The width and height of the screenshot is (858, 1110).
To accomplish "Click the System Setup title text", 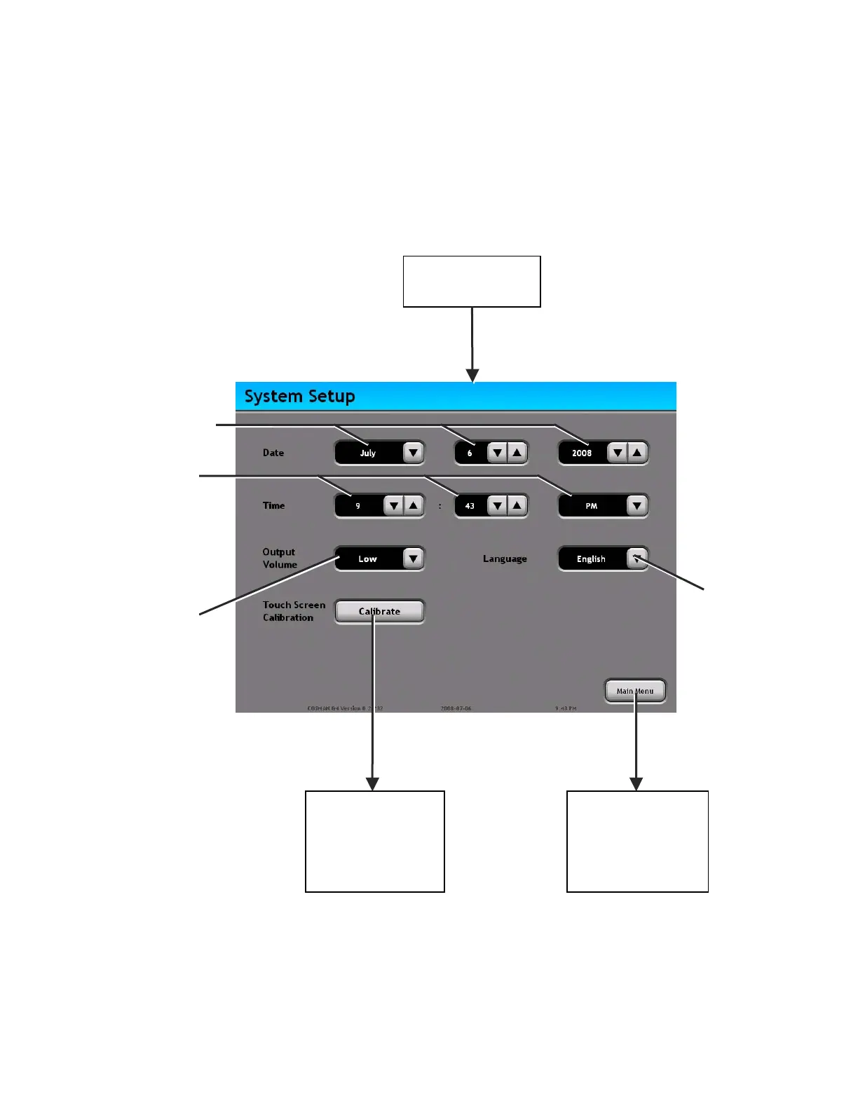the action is coord(299,397).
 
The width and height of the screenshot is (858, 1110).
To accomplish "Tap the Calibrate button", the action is coord(379,612).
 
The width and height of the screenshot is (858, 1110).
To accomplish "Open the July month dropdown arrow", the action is coord(414,453).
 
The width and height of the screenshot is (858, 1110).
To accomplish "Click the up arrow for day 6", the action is coord(517,453).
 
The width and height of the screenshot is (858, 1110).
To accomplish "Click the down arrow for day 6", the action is coord(497,453).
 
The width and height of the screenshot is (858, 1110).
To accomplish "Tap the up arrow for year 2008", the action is coord(636,453).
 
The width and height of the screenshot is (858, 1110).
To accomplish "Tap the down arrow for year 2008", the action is coord(617,453).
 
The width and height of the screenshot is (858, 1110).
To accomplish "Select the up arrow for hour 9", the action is coord(414,505).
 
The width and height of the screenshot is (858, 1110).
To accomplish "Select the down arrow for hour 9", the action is coord(394,505).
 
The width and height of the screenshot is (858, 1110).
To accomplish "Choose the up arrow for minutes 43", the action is coord(517,505).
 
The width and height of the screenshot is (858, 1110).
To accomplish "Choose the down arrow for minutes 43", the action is coord(497,505).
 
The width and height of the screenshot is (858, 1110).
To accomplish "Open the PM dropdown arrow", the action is coord(636,505).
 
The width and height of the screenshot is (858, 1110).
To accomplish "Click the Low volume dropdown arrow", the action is coord(414,559).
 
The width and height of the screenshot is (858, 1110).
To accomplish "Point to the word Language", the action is coord(505,559).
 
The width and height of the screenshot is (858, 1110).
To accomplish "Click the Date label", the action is coord(273,453).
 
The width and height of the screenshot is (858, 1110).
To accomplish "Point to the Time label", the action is coord(273,505).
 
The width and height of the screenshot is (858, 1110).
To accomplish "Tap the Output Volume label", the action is coord(280,559).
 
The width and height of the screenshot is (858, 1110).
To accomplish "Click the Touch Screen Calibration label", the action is coord(294,611).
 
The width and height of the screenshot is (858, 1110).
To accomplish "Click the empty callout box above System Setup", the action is coord(472,282).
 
